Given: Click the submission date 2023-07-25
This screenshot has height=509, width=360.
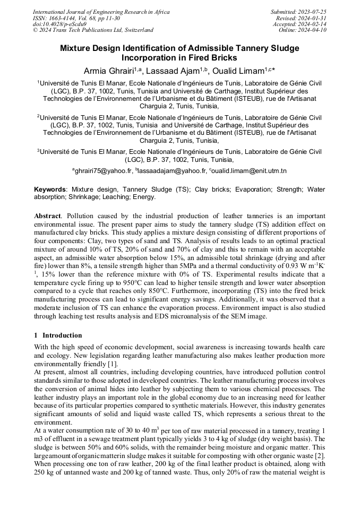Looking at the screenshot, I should click(x=314, y=12).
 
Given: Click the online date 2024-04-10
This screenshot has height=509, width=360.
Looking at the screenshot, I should click(x=314, y=30).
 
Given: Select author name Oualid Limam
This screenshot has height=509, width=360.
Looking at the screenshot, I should click(x=238, y=71).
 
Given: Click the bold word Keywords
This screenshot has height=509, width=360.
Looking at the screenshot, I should click(x=50, y=189).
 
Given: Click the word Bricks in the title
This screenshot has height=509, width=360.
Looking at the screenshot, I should click(x=225, y=58).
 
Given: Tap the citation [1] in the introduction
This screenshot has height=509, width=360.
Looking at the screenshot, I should click(x=113, y=364).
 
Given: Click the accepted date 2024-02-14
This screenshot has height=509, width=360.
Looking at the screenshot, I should click(x=314, y=24).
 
